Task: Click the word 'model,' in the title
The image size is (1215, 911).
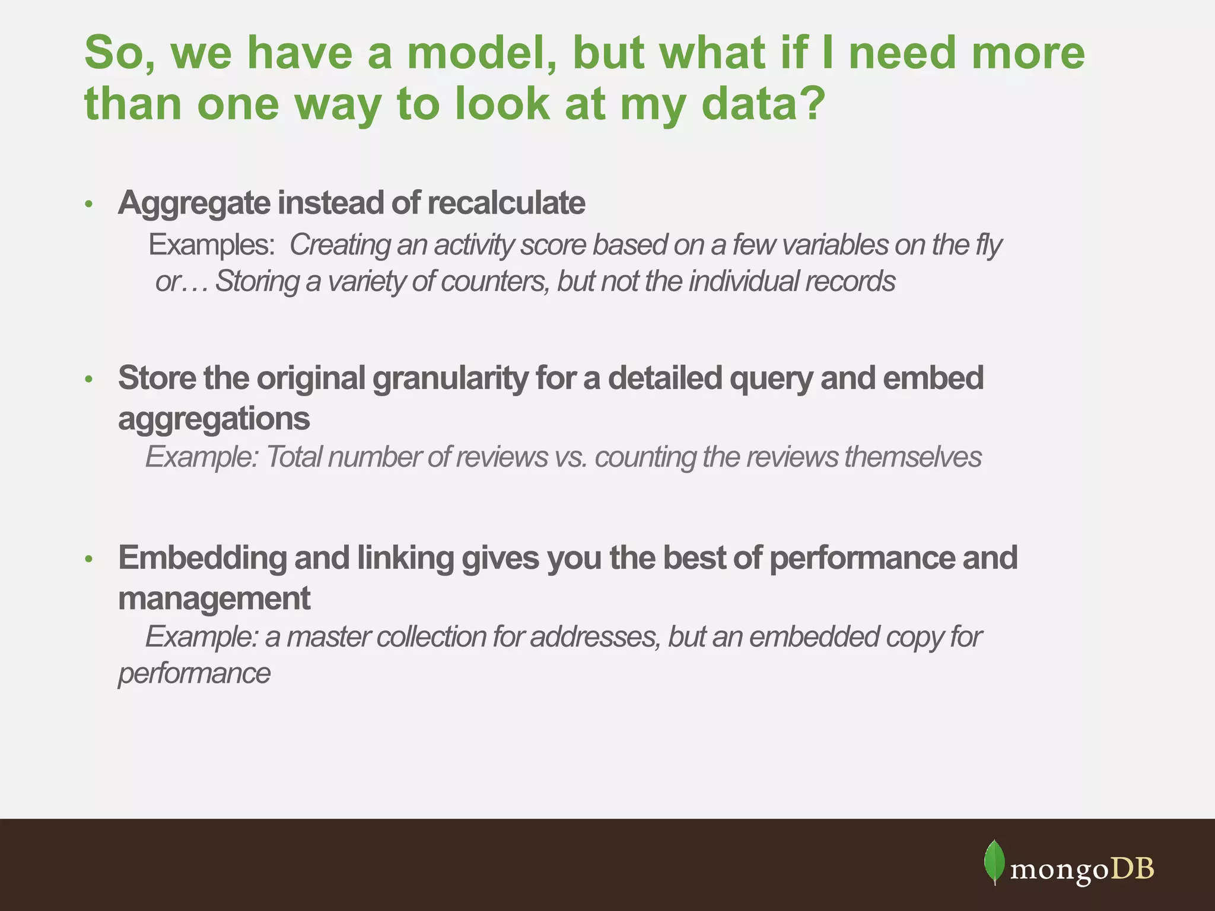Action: pyautogui.click(x=482, y=53)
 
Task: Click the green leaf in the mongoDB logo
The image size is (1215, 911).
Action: pyautogui.click(x=994, y=862)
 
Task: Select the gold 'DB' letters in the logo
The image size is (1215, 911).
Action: pyautogui.click(x=1133, y=868)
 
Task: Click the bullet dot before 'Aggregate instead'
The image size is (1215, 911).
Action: pyautogui.click(x=89, y=205)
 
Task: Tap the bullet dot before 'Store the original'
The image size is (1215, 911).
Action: pyautogui.click(x=89, y=379)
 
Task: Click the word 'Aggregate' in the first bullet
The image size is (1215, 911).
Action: pyautogui.click(x=194, y=203)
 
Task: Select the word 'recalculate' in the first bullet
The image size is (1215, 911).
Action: pyautogui.click(x=506, y=203)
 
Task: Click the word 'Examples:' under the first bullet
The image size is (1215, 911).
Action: pyautogui.click(x=211, y=245)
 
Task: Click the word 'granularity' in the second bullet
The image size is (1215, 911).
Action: pyautogui.click(x=449, y=378)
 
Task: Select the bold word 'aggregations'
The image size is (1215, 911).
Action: pyautogui.click(x=214, y=419)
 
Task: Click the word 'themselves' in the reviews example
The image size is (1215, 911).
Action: pyautogui.click(x=912, y=457)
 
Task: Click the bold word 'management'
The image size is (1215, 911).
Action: pyautogui.click(x=214, y=598)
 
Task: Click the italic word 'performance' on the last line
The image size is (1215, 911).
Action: pyautogui.click(x=194, y=674)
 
